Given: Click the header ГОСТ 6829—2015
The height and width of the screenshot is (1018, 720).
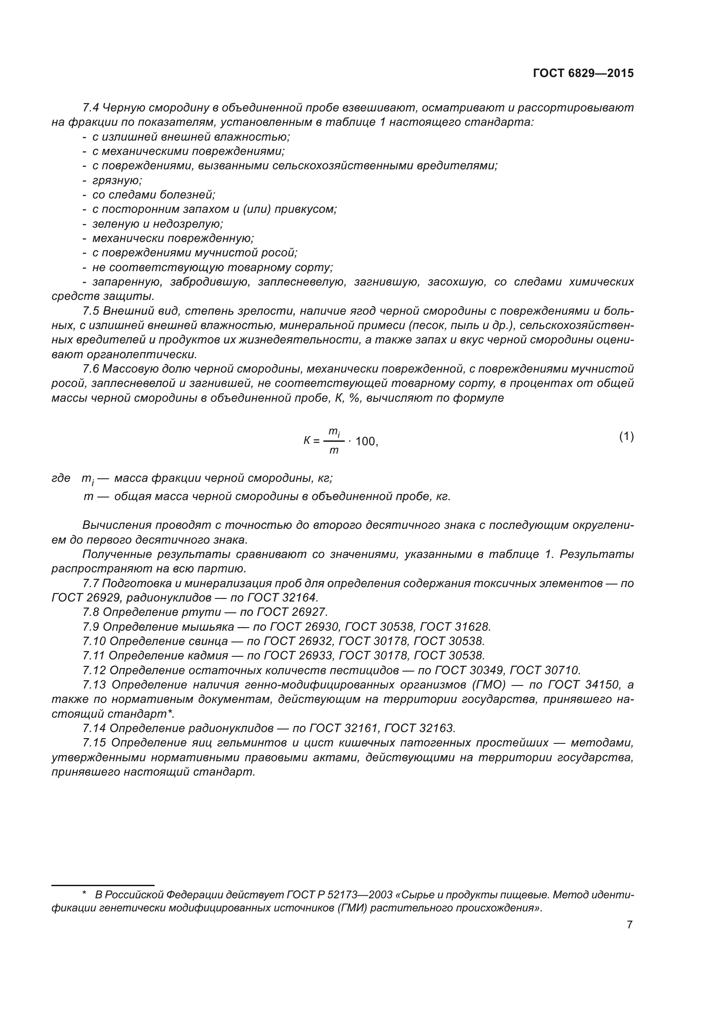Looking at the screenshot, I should click(x=583, y=74).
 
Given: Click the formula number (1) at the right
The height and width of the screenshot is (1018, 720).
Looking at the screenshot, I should click(x=626, y=437).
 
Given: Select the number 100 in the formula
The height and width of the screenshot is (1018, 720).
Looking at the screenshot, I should click(x=366, y=442).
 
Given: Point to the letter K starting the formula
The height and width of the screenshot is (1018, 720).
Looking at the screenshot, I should click(x=307, y=441).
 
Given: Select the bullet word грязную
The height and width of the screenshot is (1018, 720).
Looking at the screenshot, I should click(x=117, y=181).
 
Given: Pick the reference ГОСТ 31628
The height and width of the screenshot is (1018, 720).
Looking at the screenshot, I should click(x=455, y=627).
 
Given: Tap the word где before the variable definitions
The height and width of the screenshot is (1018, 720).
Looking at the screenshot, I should click(x=61, y=478).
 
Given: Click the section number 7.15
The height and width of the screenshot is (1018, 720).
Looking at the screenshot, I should click(x=94, y=743).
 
